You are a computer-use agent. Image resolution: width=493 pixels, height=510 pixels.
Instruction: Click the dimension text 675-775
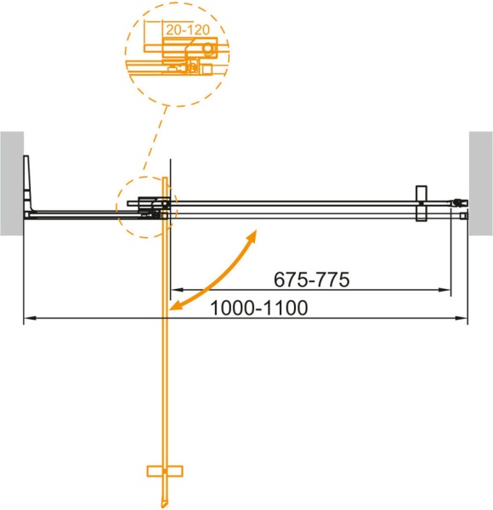(312, 279)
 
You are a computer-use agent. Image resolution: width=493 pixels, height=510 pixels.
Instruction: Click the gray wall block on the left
(11, 183)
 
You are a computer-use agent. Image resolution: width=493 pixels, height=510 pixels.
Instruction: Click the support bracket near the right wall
(420, 205)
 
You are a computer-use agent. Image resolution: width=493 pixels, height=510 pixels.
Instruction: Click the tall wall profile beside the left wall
(29, 183)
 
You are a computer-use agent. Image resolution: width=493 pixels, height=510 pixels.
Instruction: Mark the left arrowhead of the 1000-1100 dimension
(26, 319)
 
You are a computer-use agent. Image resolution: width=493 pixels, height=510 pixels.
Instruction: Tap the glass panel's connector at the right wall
(460, 205)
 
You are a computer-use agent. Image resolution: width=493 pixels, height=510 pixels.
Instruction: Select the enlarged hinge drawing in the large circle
(183, 55)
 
